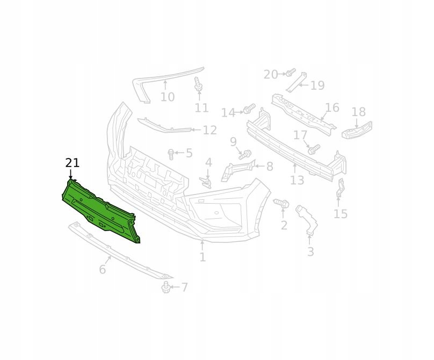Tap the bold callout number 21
[x=73, y=163]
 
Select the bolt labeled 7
[x=165, y=287]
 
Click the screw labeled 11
[x=197, y=84]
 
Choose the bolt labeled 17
[x=314, y=149]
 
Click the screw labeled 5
[x=171, y=155]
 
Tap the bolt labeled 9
[x=245, y=155]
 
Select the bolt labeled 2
[x=281, y=203]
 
